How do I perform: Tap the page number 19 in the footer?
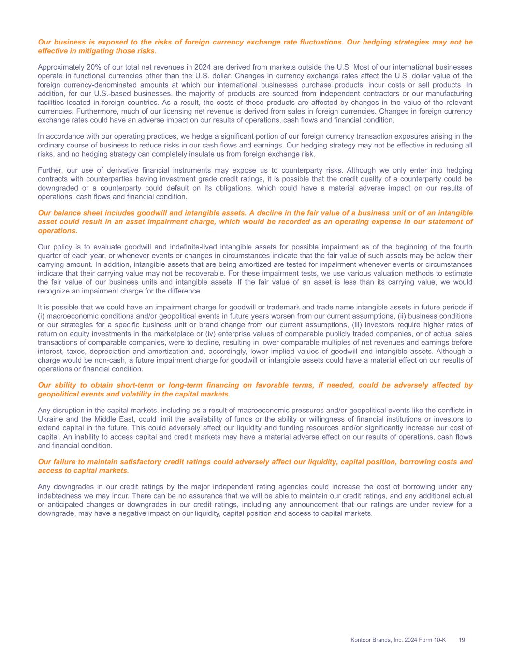click(x=462, y=640)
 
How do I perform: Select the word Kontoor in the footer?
click(x=361, y=640)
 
